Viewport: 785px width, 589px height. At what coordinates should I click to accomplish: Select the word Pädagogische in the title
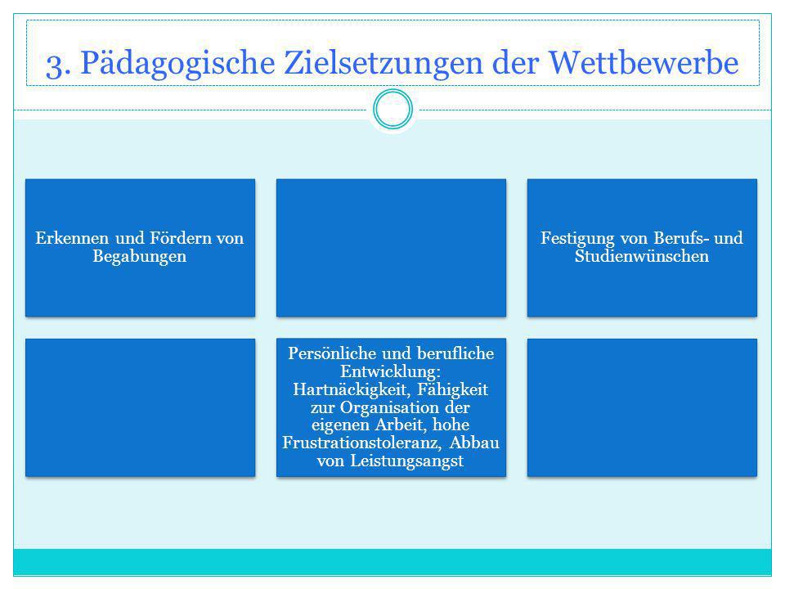tap(177, 64)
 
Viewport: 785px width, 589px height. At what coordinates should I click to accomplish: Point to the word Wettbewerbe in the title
tap(644, 63)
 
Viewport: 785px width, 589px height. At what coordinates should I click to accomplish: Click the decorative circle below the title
tap(393, 91)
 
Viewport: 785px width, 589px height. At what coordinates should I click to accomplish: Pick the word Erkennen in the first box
tap(72, 238)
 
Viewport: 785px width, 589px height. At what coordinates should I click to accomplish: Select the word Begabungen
tap(140, 256)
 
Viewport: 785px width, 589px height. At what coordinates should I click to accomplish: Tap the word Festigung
tap(577, 238)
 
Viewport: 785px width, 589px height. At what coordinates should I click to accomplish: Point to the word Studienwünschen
tap(642, 256)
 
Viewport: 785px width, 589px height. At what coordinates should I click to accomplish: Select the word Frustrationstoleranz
tap(362, 443)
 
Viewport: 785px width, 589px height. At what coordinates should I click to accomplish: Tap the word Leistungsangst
tap(407, 461)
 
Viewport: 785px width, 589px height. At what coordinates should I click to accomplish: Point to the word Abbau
tap(474, 443)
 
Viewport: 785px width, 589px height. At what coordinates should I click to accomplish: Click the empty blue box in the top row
tap(391, 248)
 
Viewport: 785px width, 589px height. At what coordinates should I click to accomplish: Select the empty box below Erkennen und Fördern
tap(140, 407)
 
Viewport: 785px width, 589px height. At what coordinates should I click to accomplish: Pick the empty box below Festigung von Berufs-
tap(643, 407)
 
